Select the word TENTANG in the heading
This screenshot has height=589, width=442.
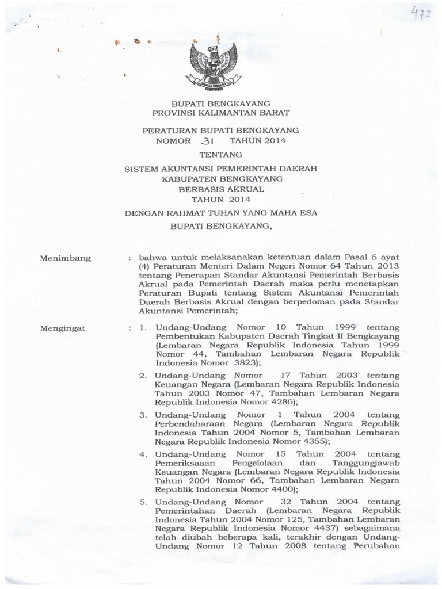[x=221, y=155]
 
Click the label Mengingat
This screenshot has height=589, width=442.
[x=63, y=328]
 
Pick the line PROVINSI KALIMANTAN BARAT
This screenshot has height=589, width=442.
[x=221, y=113]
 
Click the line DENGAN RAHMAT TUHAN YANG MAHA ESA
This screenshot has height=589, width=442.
[x=221, y=213]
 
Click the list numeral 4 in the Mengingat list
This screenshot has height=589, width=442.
[x=142, y=454]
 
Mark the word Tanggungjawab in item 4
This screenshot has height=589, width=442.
[x=366, y=463]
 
